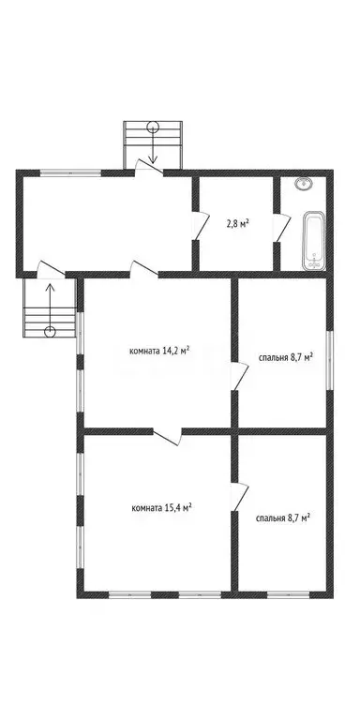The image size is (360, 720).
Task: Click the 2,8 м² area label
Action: coord(237,224)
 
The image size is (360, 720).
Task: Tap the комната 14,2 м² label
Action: coord(159,352)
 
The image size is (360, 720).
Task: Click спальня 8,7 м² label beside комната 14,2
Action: coord(285,357)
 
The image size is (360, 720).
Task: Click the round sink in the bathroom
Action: coord(303,185)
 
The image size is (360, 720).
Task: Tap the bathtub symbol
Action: coord(313,239)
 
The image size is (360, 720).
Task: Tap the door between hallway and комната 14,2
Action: coord(143,270)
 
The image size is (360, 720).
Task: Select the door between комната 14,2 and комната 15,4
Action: coord(166,434)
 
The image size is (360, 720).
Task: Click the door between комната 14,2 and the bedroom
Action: coord(240,377)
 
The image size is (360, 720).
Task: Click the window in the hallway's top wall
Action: coord(71,172)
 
